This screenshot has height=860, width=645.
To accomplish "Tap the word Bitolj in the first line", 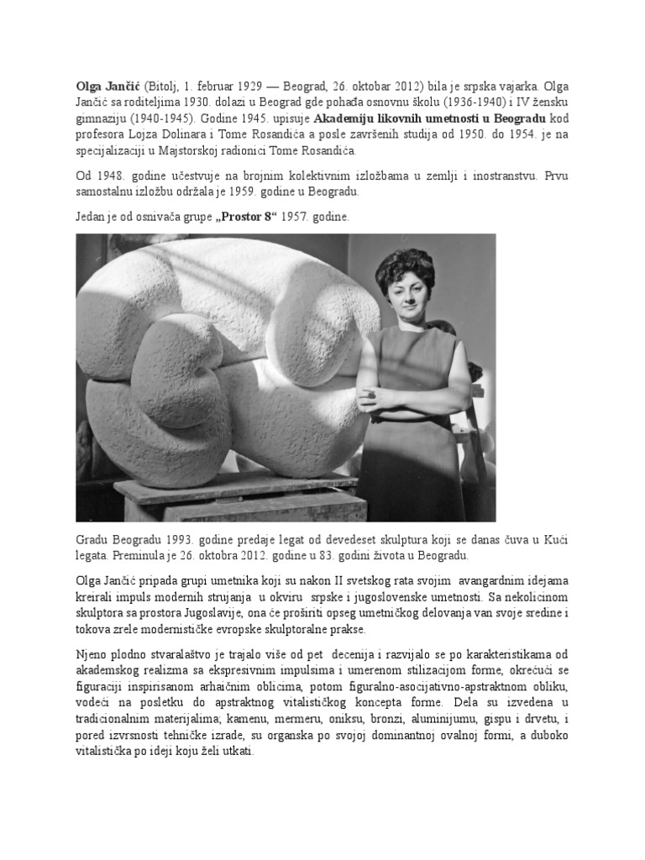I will click(161, 86).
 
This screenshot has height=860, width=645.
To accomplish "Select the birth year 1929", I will click(244, 86).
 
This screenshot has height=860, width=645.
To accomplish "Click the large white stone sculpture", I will click(227, 353).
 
